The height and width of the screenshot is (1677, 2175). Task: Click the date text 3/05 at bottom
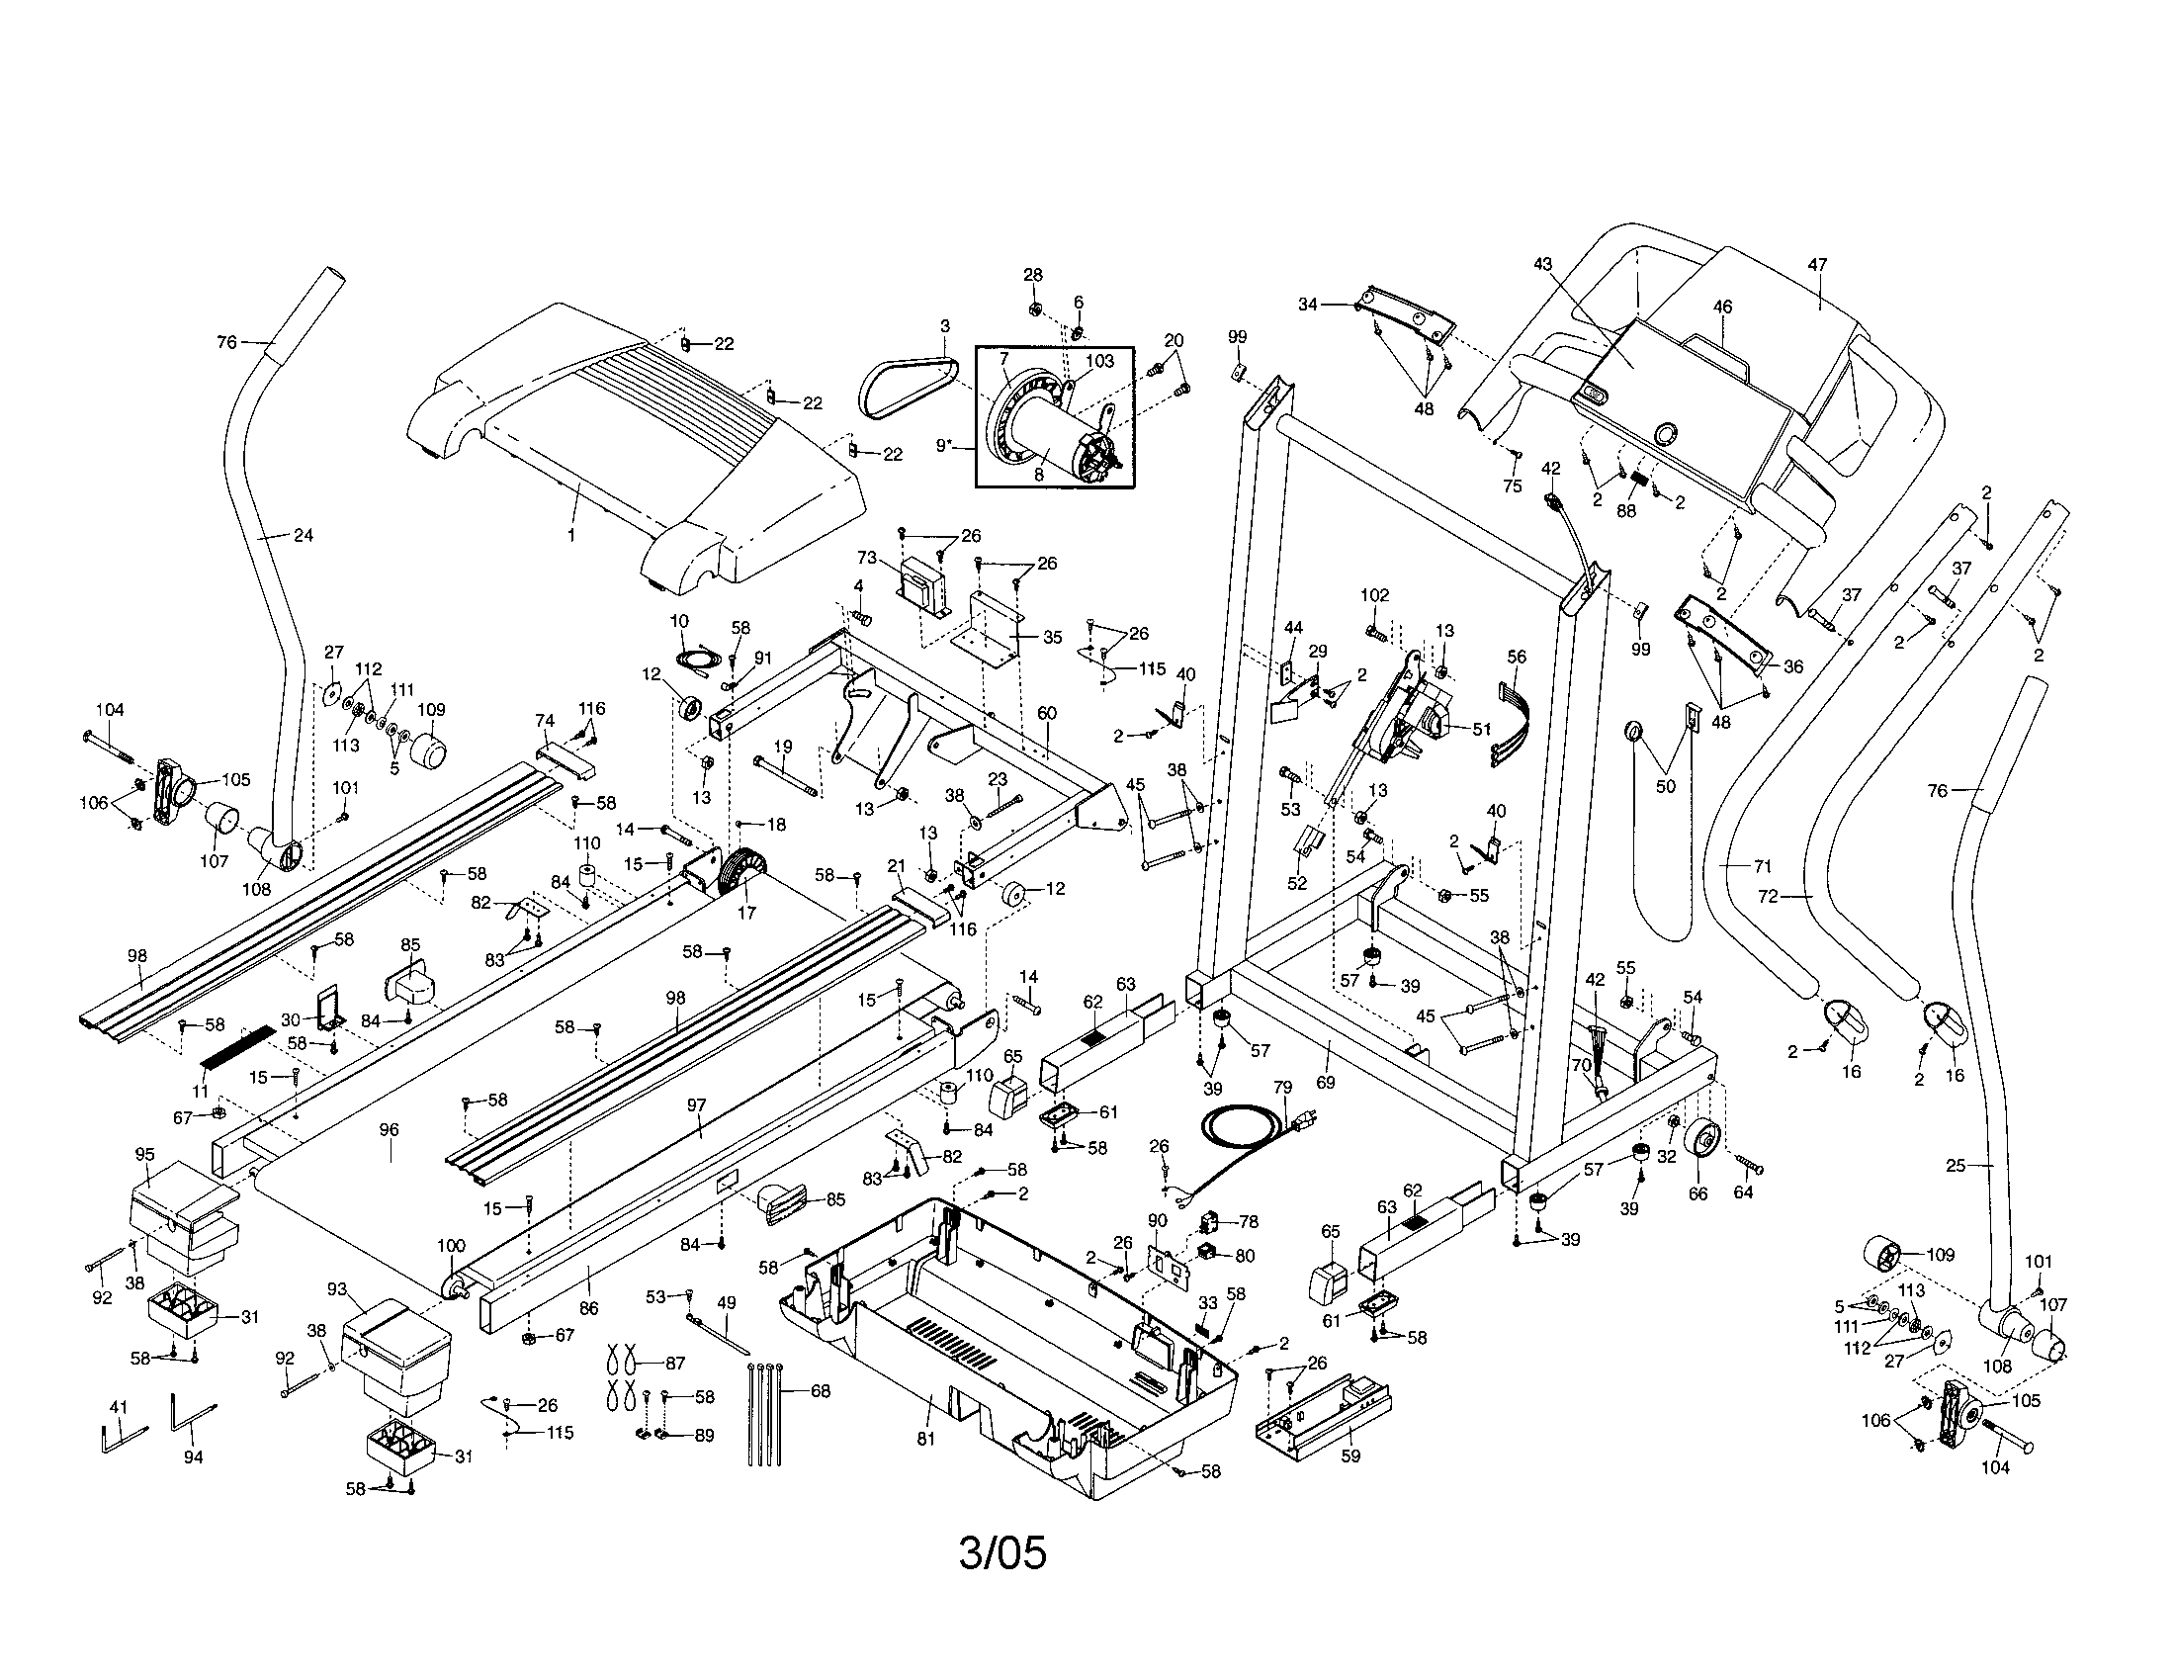click(x=1002, y=1552)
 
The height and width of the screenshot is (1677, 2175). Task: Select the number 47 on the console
click(x=1817, y=265)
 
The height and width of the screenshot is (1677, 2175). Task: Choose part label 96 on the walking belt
click(x=389, y=1129)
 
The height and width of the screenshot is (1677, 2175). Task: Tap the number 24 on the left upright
click(x=303, y=535)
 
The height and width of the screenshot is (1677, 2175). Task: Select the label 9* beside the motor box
click(x=945, y=446)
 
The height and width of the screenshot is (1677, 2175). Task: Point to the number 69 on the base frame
click(x=1325, y=1083)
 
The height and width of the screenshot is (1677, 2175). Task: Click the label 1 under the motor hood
click(x=571, y=536)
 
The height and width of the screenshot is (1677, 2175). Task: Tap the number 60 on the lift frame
click(x=1047, y=713)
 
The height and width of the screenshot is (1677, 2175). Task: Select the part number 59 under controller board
click(x=1350, y=1456)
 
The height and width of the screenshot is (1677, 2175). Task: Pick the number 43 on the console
click(x=1542, y=265)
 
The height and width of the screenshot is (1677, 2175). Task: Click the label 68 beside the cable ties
click(x=820, y=1391)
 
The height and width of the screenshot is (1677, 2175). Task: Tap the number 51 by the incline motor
click(x=1482, y=729)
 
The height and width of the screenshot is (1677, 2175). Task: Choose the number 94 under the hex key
click(x=193, y=1456)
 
